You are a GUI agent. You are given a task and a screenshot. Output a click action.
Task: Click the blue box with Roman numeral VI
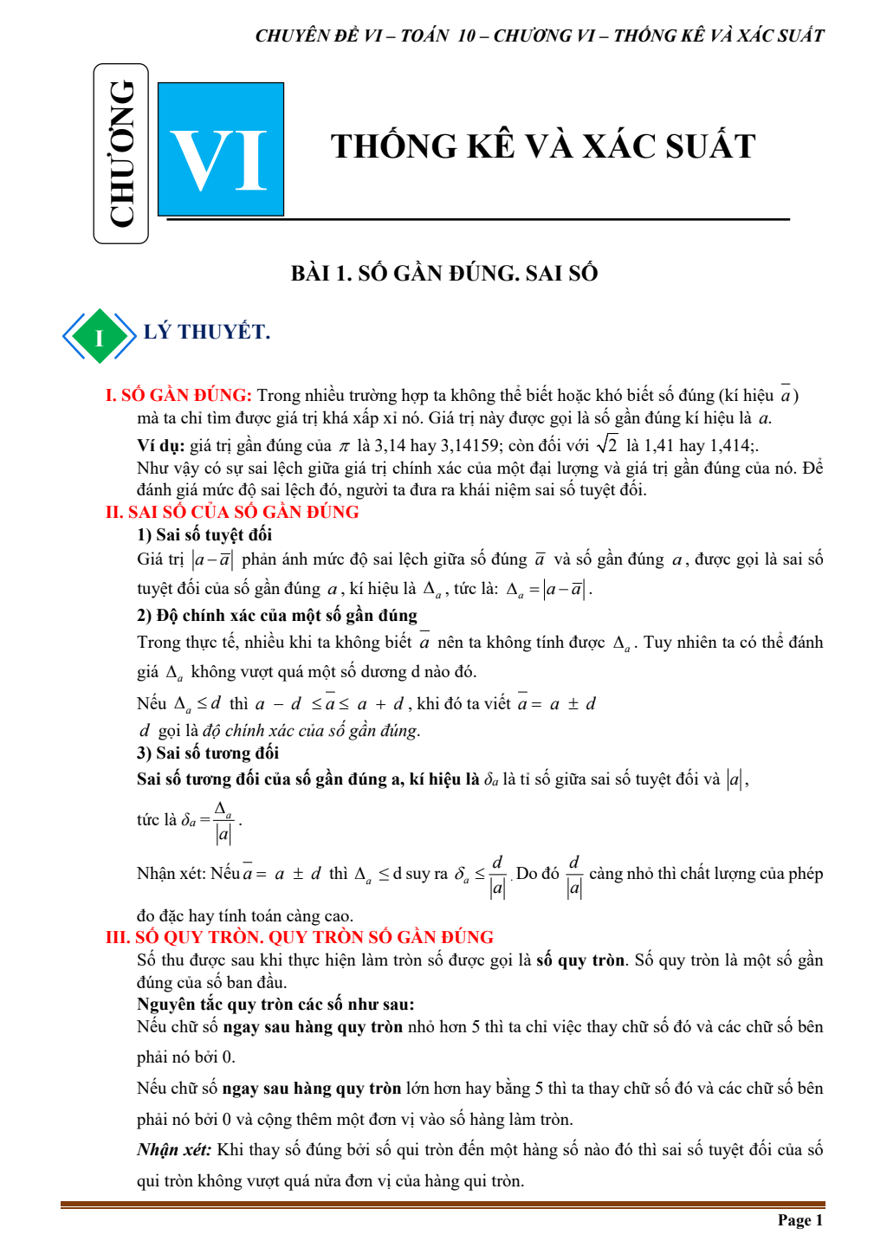click(x=221, y=150)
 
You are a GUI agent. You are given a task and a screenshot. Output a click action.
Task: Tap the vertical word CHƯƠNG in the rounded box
click(x=121, y=154)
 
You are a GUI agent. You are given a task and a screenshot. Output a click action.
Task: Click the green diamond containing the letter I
click(x=99, y=336)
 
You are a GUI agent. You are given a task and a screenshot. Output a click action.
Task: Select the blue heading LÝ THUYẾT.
click(x=207, y=332)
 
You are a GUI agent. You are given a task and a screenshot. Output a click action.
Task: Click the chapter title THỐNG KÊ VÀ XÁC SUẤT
click(x=543, y=146)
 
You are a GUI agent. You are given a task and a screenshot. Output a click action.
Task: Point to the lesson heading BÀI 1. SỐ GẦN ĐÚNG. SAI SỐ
click(x=444, y=273)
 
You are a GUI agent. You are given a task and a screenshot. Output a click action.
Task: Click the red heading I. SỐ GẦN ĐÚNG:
click(x=178, y=396)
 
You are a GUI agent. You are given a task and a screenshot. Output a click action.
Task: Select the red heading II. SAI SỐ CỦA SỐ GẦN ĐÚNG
click(x=232, y=512)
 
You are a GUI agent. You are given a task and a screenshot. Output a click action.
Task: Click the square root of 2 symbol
click(x=606, y=445)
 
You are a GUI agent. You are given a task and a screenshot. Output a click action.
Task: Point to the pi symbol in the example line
click(x=344, y=447)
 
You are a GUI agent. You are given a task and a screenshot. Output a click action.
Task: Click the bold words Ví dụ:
click(x=160, y=446)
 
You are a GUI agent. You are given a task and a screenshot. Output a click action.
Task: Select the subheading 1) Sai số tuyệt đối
click(x=204, y=535)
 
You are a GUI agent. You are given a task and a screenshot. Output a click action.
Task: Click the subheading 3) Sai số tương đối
click(x=208, y=753)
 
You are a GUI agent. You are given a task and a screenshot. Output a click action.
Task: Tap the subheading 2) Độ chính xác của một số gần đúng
click(x=277, y=616)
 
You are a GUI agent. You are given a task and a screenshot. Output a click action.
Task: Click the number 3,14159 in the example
click(x=470, y=446)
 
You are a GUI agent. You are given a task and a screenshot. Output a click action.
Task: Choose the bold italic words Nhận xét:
click(x=174, y=1150)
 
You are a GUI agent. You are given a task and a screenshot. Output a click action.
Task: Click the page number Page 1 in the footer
click(x=800, y=1220)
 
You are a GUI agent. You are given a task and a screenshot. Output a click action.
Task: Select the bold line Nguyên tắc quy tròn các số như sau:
click(x=275, y=1005)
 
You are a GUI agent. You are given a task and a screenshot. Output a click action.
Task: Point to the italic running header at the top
click(x=539, y=36)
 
